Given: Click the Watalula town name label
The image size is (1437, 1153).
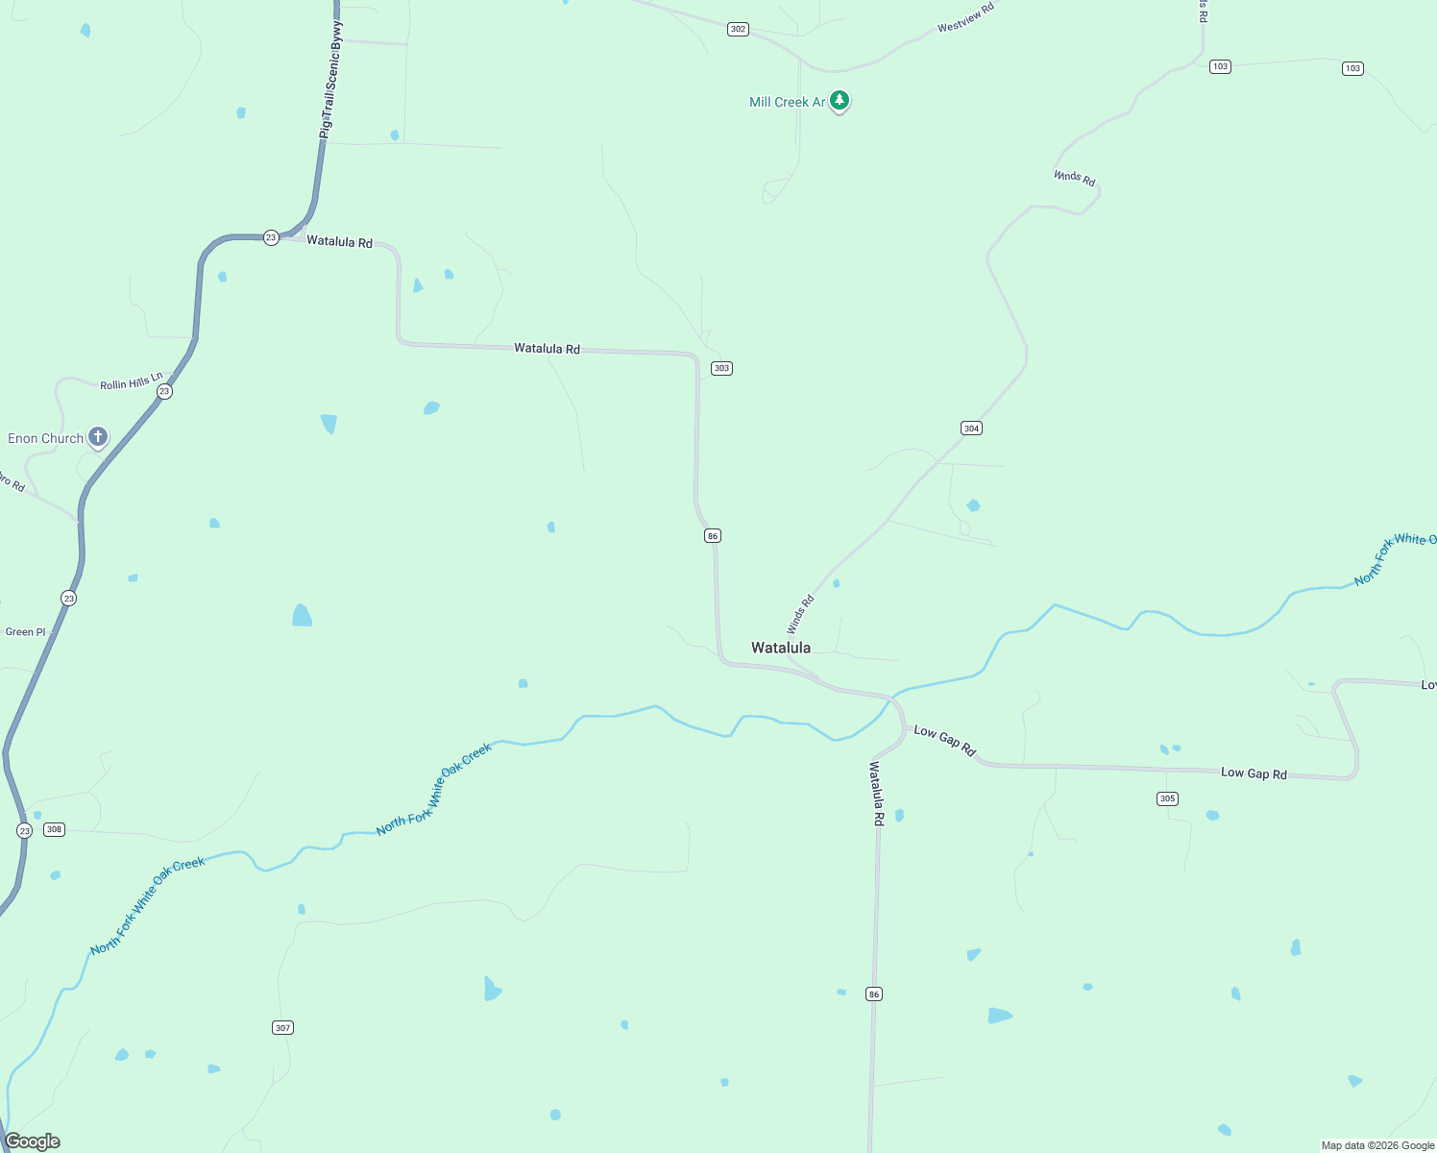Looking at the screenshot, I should [780, 648].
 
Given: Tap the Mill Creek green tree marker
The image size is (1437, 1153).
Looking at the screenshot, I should [840, 101].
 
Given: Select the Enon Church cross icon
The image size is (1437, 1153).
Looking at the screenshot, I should [97, 437].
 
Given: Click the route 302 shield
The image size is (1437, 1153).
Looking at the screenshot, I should [738, 29].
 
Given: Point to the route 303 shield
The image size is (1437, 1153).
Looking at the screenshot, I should [721, 368].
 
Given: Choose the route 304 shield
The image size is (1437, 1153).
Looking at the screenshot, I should [971, 428].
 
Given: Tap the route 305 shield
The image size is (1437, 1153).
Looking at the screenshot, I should [1167, 798].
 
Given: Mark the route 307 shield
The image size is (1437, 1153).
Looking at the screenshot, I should [282, 1027].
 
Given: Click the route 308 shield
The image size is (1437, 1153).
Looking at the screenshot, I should [55, 829].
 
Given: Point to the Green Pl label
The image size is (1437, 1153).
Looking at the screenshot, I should [26, 632].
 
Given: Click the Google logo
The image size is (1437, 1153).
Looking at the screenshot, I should [33, 1141].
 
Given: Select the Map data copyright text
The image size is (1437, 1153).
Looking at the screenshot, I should [1377, 1145].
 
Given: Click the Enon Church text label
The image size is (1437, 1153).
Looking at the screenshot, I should [45, 438].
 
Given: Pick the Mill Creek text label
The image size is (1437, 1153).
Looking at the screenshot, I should [787, 102].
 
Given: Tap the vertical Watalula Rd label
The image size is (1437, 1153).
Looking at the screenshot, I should [876, 794].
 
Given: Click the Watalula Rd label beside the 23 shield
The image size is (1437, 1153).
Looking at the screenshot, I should [339, 241].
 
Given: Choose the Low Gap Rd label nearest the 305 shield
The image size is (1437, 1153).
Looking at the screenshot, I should [1254, 773].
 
